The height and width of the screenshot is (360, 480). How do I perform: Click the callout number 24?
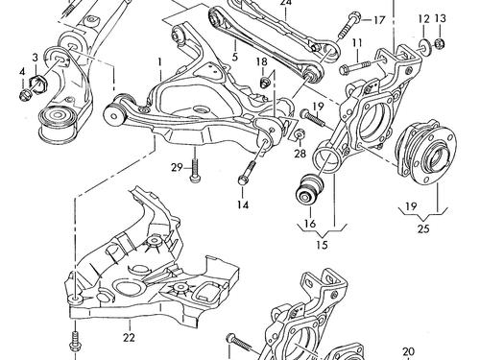tap(284, 4)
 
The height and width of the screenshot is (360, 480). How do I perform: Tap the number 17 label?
tap(378, 19)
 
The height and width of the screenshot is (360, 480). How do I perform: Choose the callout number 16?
tap(309, 225)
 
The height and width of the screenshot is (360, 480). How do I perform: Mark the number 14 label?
tap(243, 205)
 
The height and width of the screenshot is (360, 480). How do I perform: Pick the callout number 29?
tap(177, 168)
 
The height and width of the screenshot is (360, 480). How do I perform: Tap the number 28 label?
tap(300, 154)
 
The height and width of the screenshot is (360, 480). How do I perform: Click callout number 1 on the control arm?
tap(161, 62)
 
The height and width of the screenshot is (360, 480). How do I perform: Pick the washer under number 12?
tap(423, 46)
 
